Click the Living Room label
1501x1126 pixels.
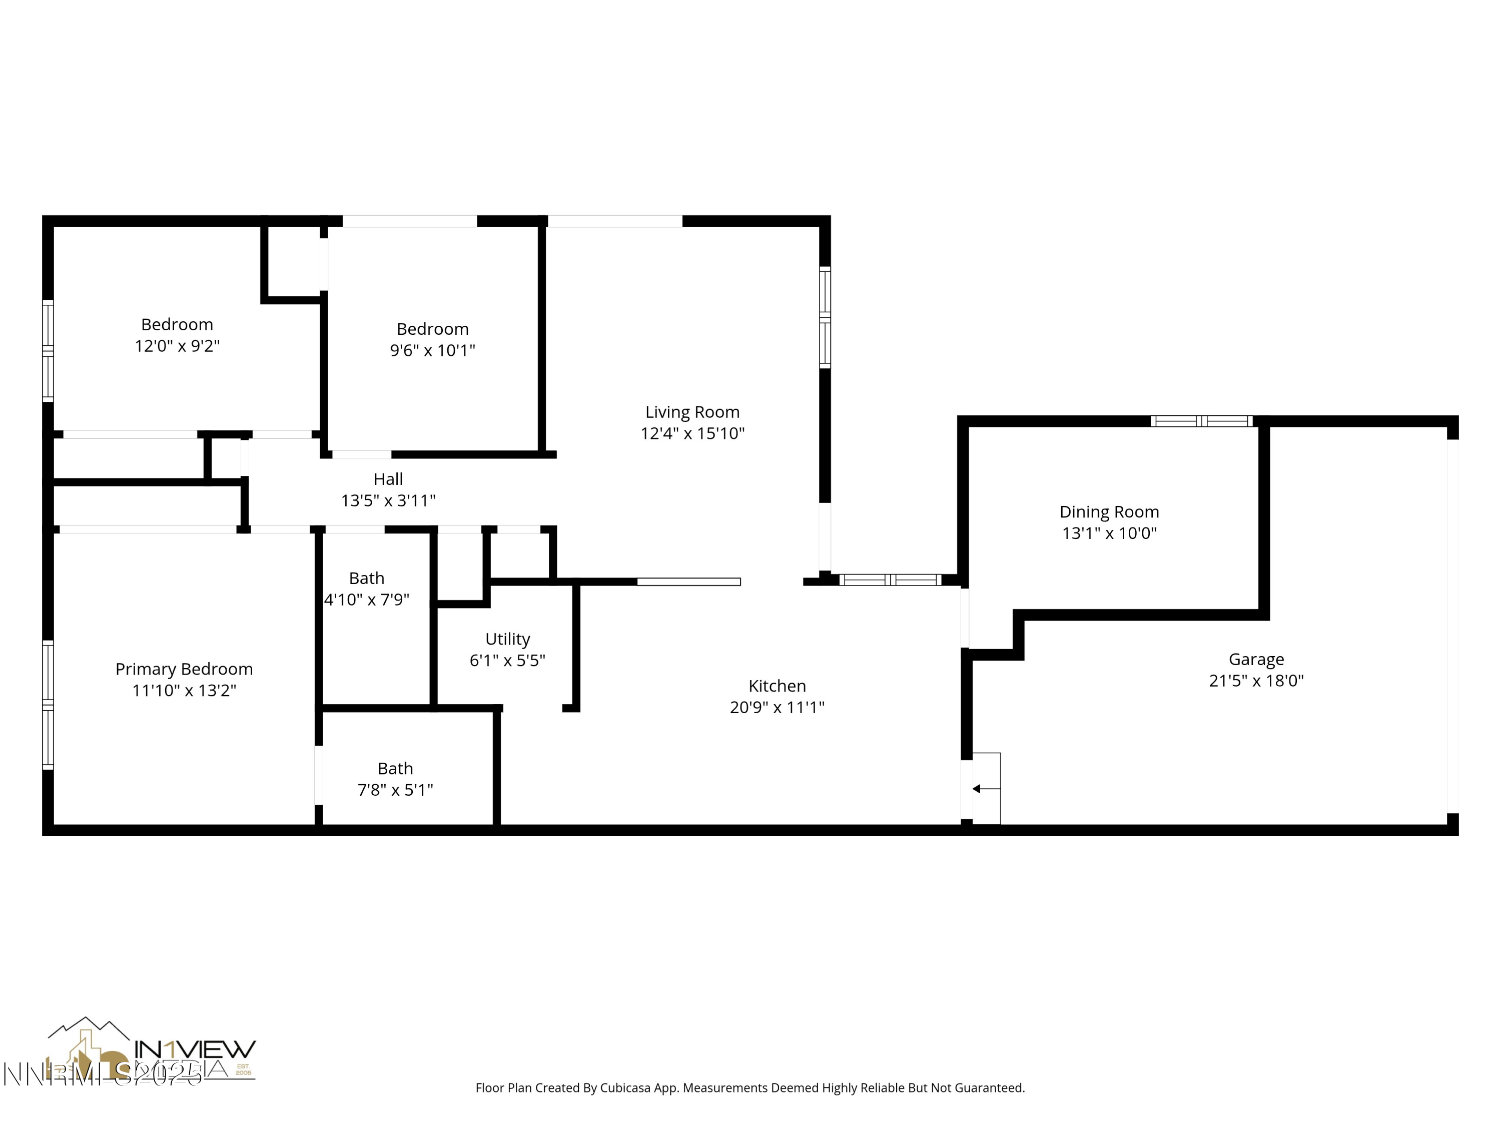coord(692,412)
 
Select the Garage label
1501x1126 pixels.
coord(1256,659)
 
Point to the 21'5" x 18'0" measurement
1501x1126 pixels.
coord(1256,681)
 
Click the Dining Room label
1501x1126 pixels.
coord(1109,512)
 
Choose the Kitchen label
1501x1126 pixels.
coord(777,686)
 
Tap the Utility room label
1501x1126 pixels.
coord(507,639)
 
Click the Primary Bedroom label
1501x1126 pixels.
coord(184,669)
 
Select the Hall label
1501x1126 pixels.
coord(388,479)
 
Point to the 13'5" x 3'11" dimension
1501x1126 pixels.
coord(388,501)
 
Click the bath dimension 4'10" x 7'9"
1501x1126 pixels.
coord(366,600)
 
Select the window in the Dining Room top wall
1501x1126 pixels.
coord(1202,421)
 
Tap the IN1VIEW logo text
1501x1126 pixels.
coord(195,1049)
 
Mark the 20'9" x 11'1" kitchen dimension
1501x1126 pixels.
coord(777,707)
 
